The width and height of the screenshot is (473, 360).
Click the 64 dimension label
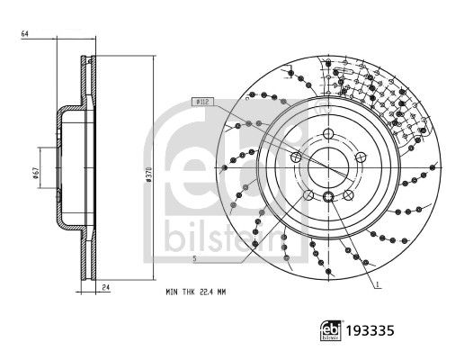(x=24, y=34)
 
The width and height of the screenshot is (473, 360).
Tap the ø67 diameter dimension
(x=35, y=173)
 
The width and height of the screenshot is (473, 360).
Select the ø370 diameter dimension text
(x=147, y=175)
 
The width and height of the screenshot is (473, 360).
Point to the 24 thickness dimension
(x=105, y=288)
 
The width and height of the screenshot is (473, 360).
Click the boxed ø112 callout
(x=202, y=102)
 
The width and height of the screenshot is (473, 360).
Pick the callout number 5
(x=194, y=258)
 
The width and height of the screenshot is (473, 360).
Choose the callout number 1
(x=377, y=284)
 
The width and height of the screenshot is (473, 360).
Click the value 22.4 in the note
(x=206, y=292)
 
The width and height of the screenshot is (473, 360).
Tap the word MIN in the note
(x=172, y=292)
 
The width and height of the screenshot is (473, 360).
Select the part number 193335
(x=370, y=330)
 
